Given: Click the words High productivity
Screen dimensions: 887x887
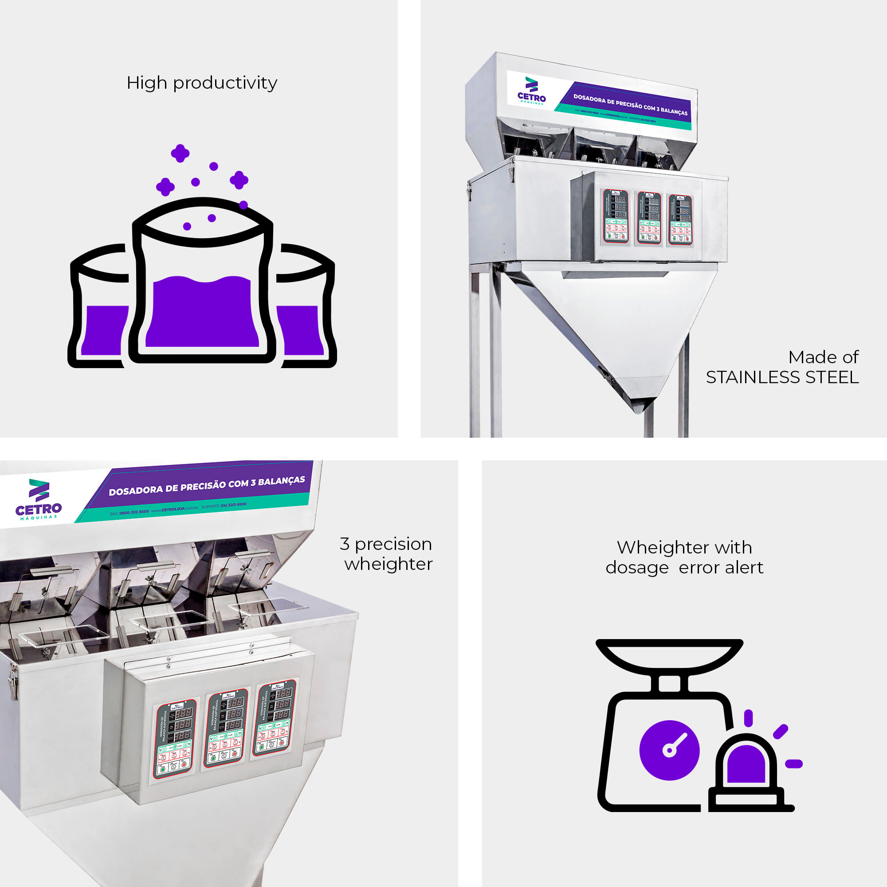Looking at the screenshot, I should pos(201,83).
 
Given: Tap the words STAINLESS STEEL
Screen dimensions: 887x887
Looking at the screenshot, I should pos(782,377).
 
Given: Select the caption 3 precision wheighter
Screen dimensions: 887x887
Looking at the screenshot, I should pos(387,553).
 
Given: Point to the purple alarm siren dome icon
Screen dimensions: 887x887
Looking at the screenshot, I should pos(746,763).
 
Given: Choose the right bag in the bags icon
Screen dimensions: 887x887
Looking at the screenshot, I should pos(305,312).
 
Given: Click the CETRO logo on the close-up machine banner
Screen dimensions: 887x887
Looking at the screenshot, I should pos(39,499).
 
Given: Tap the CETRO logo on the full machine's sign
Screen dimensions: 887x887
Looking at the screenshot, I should pos(532,91).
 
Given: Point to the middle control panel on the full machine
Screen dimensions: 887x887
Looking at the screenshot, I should pos(648,218).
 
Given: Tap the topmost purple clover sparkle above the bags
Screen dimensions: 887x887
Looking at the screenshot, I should pos(180,153).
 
